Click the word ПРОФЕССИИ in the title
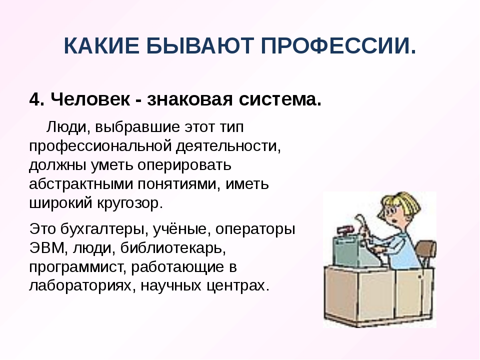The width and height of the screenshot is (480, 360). tap(338, 45)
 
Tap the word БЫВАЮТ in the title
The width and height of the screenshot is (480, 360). tap(200, 45)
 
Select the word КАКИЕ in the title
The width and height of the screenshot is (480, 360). tap(101, 45)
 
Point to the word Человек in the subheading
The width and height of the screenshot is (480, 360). tap(90, 99)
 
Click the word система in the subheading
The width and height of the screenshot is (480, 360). tap(280, 99)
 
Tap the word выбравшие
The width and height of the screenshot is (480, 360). tap(137, 126)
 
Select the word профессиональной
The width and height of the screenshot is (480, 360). tap(100, 146)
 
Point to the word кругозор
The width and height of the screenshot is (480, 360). tap(130, 203)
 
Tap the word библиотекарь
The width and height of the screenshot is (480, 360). tap(173, 247)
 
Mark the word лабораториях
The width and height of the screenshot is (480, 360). tap(82, 285)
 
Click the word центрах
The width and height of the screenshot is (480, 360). tap(238, 286)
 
